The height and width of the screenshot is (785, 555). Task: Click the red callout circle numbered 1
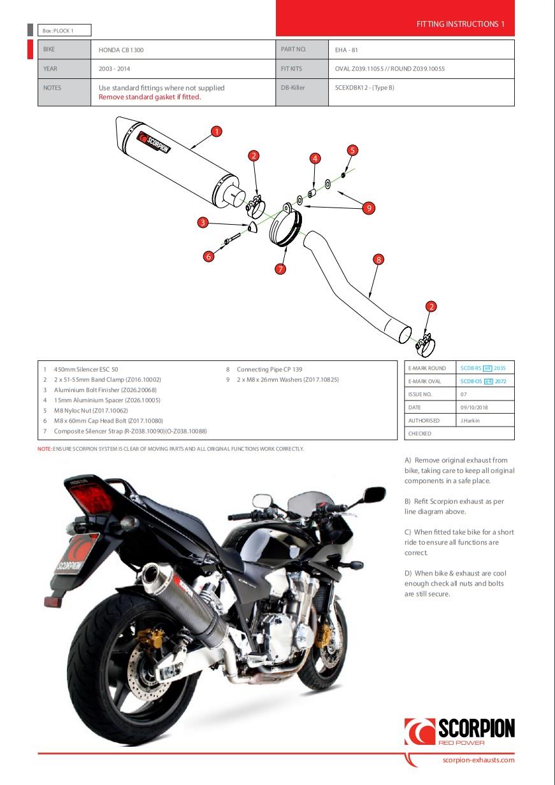coord(217,132)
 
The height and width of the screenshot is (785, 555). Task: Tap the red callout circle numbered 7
coord(280,269)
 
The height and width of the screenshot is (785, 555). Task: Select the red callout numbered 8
coord(378,259)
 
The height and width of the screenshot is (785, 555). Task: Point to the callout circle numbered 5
coord(352,150)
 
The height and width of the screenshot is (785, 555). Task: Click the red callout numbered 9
coord(368,208)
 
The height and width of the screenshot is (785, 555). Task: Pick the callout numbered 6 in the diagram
coord(208,257)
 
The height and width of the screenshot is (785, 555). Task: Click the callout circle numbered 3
coord(203,222)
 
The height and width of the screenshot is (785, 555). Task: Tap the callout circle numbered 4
coord(315,158)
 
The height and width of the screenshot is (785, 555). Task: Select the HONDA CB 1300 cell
coord(126,49)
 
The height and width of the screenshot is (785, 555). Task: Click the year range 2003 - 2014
coord(115,69)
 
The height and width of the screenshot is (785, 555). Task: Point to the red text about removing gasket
coord(150,97)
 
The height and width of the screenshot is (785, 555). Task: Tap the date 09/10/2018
coord(474,407)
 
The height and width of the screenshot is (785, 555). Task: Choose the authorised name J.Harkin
coord(471,421)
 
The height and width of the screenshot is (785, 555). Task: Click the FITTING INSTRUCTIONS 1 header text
coord(460,24)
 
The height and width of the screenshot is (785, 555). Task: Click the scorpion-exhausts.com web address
coord(478,760)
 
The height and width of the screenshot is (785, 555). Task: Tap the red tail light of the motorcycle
coord(92,494)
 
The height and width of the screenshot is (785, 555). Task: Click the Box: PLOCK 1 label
coord(58,30)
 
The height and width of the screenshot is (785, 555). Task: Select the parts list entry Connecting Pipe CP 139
coord(270,369)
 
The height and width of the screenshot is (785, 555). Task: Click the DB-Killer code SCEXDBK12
coord(364,88)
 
